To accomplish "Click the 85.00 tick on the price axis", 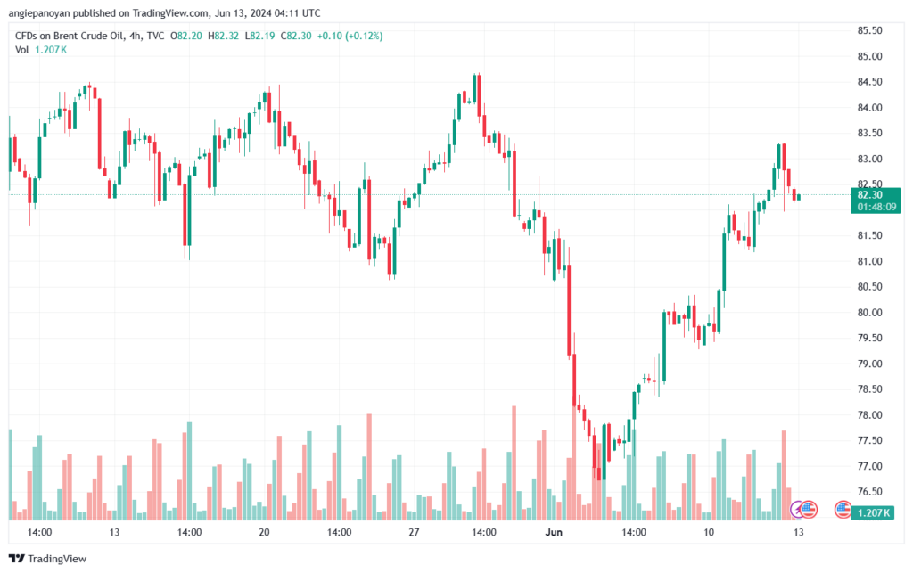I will coord(869,56).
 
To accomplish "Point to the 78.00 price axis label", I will coord(869,415).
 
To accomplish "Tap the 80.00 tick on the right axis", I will coord(869,313).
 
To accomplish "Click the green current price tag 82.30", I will coord(869,194).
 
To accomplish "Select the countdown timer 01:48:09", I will coord(876,207).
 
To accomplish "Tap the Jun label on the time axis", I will coord(554,532).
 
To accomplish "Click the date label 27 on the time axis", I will coord(413,532).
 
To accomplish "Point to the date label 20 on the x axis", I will coord(264,532).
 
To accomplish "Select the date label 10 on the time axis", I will coord(709,532).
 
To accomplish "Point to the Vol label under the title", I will coord(22,49).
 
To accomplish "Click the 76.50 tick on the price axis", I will coord(869,492).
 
